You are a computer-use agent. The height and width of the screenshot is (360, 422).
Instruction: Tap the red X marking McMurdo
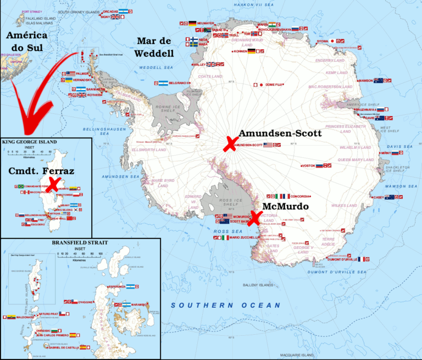[254, 218]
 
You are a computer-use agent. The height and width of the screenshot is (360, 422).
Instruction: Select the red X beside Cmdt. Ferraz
[53, 184]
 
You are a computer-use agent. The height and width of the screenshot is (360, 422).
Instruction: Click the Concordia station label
[302, 196]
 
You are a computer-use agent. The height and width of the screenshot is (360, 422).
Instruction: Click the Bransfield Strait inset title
[81, 242]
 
